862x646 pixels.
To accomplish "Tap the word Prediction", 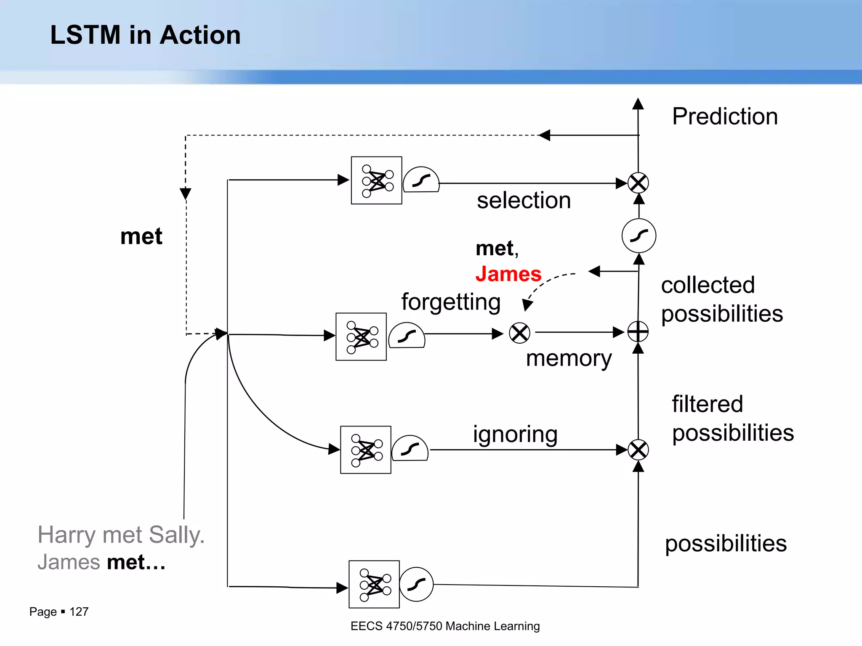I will pos(725,116).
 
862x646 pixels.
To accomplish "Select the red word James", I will pos(508,274).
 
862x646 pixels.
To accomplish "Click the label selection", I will pos(524,200).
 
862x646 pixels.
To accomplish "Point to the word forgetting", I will pos(451,302).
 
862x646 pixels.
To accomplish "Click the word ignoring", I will pos(515,434).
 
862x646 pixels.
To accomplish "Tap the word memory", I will pos(569,358).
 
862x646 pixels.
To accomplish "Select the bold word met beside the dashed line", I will pos(141,236).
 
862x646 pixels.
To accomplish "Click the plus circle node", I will pos(638,332).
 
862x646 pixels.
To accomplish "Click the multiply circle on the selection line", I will pos(638,183).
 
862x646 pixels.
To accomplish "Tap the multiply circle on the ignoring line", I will pos(638,450).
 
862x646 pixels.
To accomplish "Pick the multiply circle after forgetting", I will pos(519,333).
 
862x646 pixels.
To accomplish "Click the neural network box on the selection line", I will pos(376,180).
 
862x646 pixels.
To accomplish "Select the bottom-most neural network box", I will pos(374,584).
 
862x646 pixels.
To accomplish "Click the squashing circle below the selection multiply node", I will pos(639,236).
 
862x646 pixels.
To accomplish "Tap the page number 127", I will pos(79,612).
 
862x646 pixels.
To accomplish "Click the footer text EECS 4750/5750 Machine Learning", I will pos(445,626).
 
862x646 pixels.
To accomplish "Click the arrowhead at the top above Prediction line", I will pos(638,103).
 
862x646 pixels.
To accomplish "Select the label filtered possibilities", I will pos(732,418).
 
